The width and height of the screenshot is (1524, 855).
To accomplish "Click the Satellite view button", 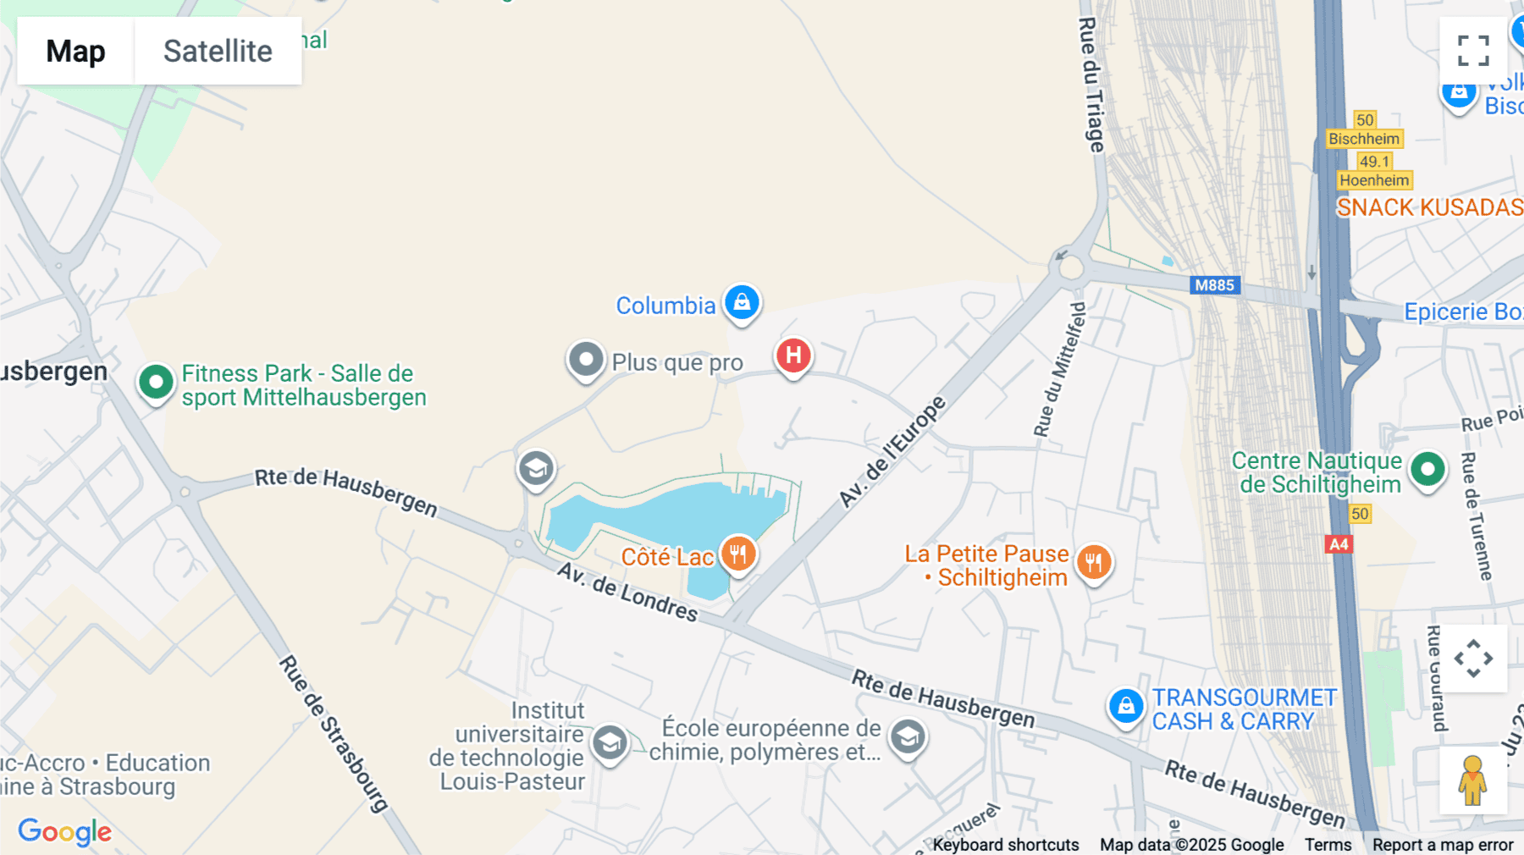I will [x=218, y=51].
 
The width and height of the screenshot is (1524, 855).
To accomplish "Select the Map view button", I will [x=75, y=51].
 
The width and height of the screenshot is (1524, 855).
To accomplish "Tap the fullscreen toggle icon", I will [x=1473, y=51].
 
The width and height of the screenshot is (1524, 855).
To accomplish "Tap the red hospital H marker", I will [x=793, y=356].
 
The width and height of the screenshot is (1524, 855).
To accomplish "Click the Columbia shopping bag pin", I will [x=742, y=302].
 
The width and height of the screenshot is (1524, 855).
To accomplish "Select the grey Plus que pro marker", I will [x=586, y=360].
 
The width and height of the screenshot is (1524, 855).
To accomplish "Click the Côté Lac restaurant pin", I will [x=738, y=554].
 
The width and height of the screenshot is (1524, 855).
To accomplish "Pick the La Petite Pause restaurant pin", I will [x=1094, y=562].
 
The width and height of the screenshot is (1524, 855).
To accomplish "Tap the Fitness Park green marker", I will [x=156, y=383].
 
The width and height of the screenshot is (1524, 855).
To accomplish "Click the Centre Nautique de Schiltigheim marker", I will [x=1427, y=469].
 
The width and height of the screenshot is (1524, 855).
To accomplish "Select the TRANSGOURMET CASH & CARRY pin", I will [x=1126, y=706].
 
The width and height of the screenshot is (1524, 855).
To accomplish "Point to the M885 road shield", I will [x=1214, y=285].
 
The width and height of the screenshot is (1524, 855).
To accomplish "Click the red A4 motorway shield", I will [x=1339, y=544].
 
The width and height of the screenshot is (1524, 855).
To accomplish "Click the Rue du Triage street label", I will [x=1092, y=85].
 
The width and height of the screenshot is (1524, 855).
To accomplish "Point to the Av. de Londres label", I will [x=627, y=592].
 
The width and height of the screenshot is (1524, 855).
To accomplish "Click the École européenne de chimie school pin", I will [x=908, y=737].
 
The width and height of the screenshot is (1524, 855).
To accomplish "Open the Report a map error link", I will [x=1443, y=845].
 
